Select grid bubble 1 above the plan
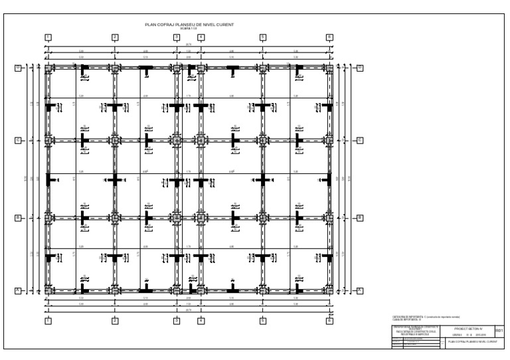point(48,37)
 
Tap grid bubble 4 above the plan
point(201,37)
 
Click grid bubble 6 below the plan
point(329,321)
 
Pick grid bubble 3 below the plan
point(177,321)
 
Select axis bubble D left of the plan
point(19,68)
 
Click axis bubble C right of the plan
point(360,140)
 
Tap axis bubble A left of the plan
point(19,290)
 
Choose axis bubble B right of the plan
point(360,217)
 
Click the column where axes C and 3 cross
point(177,140)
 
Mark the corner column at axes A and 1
point(48,290)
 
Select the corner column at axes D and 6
point(329,68)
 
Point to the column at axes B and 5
point(263,217)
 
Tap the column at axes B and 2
point(115,217)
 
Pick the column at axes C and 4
point(201,140)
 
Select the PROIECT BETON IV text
point(469,328)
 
